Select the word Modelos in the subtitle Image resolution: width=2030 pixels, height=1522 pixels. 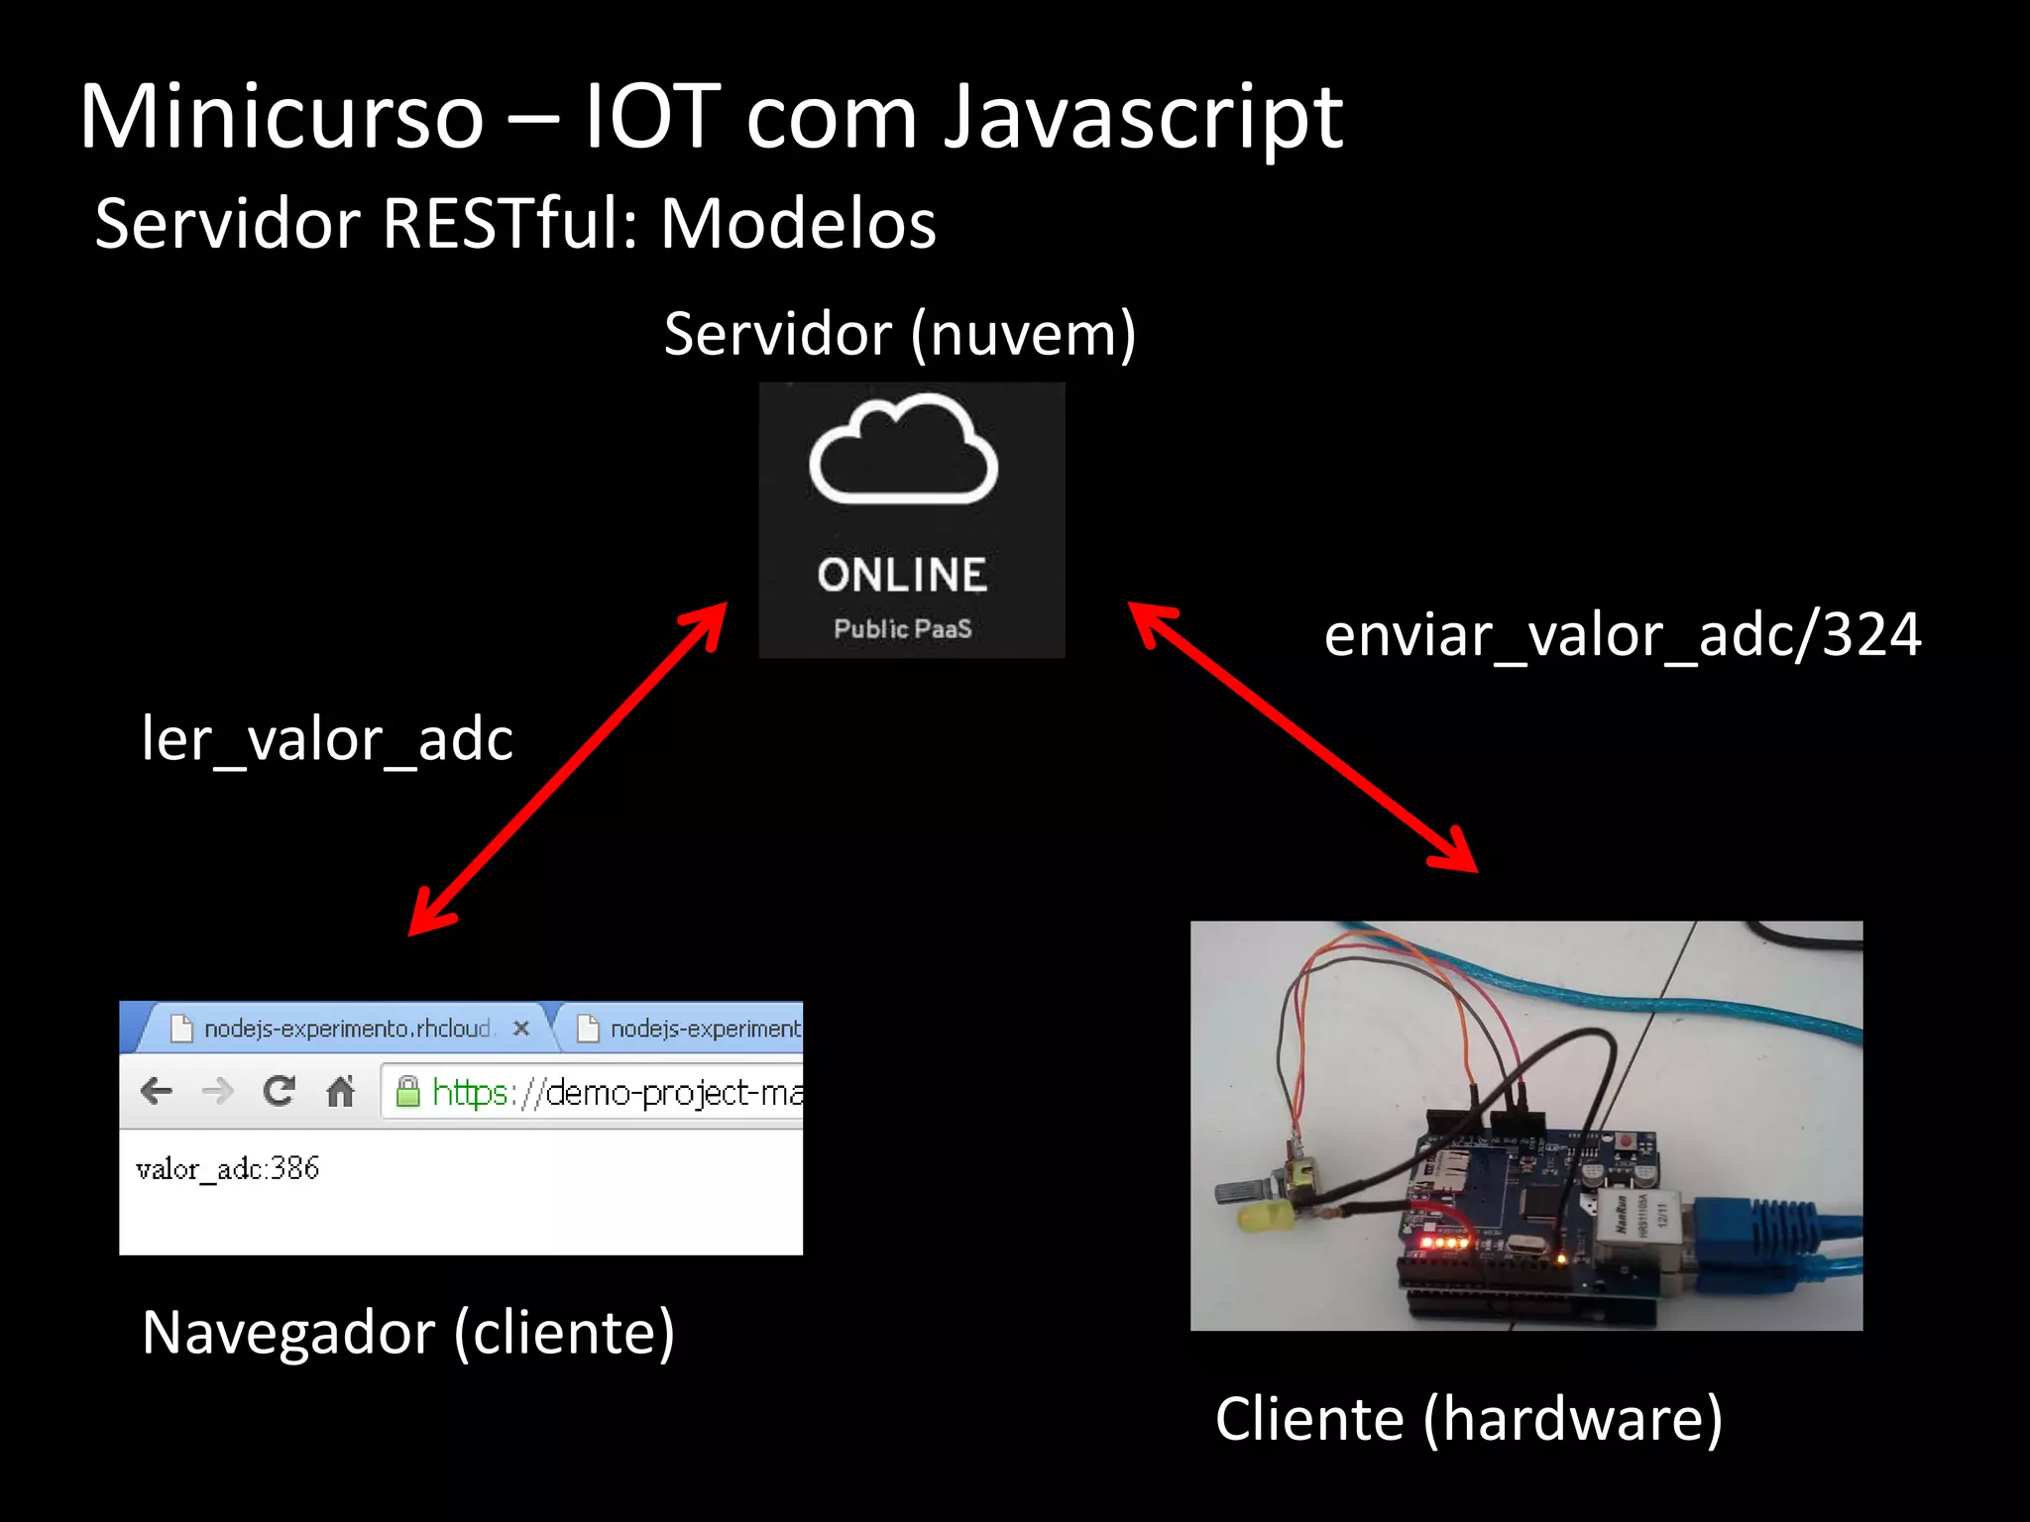pyautogui.click(x=798, y=224)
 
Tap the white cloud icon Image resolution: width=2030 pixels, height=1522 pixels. pyautogui.click(x=903, y=451)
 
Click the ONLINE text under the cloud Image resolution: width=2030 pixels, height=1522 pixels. pyautogui.click(x=902, y=576)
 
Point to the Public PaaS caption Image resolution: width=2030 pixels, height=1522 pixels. pyautogui.click(x=902, y=629)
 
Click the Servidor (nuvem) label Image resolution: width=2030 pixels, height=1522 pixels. pyautogui.click(x=899, y=335)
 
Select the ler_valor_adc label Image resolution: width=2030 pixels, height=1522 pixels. pyautogui.click(x=327, y=739)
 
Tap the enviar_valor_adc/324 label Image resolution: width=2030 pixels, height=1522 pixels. pyautogui.click(x=1622, y=635)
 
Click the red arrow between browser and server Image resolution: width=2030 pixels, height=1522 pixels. pyautogui.click(x=568, y=769)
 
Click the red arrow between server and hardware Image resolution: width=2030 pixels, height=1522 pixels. pyautogui.click(x=1302, y=737)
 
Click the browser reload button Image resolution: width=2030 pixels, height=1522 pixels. pyautogui.click(x=280, y=1091)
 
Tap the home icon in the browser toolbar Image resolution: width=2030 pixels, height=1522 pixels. pyautogui.click(x=340, y=1091)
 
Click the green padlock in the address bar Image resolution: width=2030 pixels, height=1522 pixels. pyautogui.click(x=407, y=1092)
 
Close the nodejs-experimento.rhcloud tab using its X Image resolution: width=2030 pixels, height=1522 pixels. pyautogui.click(x=521, y=1029)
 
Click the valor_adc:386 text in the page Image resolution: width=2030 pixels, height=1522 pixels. pyautogui.click(x=228, y=1169)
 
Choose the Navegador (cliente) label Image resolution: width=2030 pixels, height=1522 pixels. pyautogui.click(x=408, y=1333)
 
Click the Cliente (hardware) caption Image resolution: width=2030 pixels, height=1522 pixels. pyautogui.click(x=1468, y=1419)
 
